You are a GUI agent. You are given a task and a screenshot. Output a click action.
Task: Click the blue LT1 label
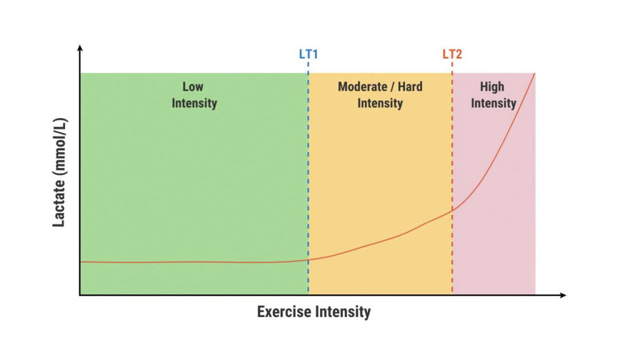pos(308,54)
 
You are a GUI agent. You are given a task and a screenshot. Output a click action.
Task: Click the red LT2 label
pos(452,54)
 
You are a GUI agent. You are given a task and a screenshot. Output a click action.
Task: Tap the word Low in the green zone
pos(193,87)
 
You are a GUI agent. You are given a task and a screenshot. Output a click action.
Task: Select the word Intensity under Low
pos(194,103)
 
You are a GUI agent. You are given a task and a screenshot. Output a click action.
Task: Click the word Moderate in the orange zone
pos(364,87)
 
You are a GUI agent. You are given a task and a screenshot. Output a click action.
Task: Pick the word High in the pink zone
pos(492,87)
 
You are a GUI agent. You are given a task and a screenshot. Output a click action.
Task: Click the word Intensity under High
pos(493,103)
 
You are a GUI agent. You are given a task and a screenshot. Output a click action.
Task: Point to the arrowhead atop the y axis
pos(79,47)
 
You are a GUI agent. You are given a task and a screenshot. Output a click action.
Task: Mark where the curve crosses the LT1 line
pos(308,260)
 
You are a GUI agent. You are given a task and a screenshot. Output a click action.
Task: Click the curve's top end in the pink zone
pos(534,74)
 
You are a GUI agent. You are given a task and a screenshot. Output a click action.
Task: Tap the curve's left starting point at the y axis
pos(81,262)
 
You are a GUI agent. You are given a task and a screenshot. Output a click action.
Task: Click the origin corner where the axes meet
pos(80,294)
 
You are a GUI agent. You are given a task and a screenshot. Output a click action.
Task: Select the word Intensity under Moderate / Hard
pos(380,103)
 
